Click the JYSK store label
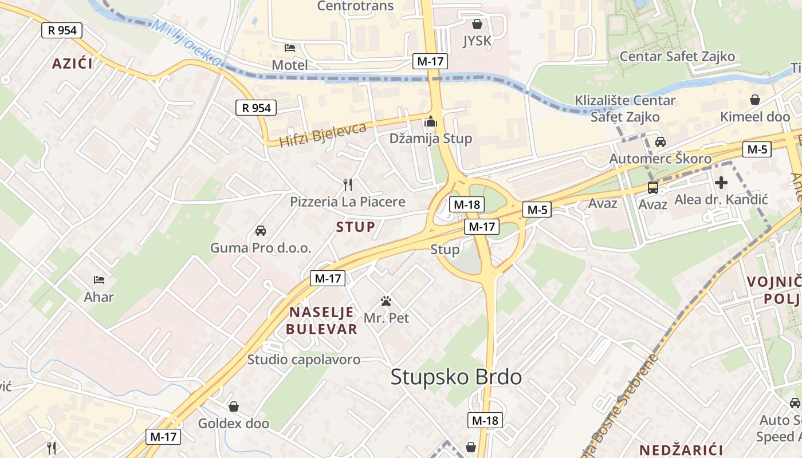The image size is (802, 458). (x=477, y=41)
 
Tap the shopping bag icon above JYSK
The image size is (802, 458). (x=477, y=24)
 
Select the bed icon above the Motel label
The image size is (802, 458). (x=290, y=48)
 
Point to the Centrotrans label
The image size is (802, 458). (x=355, y=6)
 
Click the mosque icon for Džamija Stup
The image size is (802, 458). (x=430, y=122)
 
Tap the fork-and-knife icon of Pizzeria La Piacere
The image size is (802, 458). (x=347, y=184)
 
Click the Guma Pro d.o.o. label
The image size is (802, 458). (x=261, y=248)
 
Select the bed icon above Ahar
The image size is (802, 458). (x=99, y=280)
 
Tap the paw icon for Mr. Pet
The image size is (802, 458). (x=387, y=301)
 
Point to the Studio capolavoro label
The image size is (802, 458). (x=304, y=360)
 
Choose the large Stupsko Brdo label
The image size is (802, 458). (x=456, y=377)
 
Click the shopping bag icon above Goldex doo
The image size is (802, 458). (x=234, y=406)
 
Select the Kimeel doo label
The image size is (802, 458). (x=755, y=117)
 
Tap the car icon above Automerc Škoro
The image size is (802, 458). (x=660, y=141)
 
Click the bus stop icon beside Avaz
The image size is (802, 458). (x=652, y=187)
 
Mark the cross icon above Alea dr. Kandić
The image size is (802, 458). (x=721, y=183)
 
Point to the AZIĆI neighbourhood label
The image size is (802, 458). (x=72, y=63)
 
